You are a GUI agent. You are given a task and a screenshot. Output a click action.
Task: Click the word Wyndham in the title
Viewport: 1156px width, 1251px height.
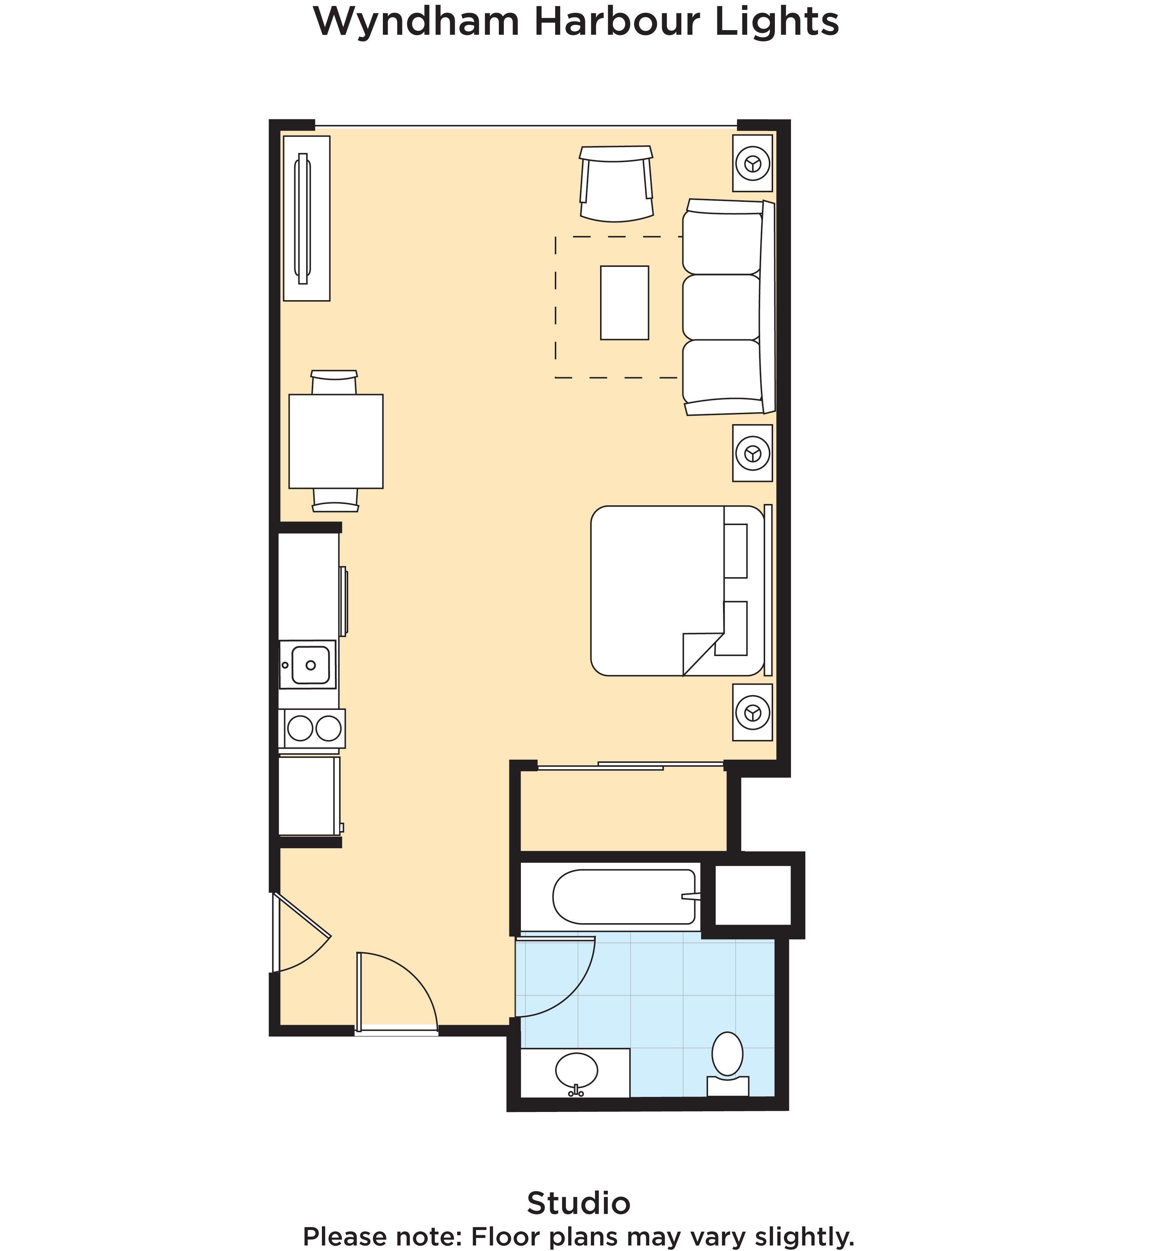416,22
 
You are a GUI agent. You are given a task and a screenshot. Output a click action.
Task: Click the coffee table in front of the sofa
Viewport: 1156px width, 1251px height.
624,303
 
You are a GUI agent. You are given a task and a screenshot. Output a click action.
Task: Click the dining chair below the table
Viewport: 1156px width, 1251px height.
335,500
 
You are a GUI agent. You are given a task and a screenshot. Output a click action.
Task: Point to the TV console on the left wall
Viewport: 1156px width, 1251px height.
307,218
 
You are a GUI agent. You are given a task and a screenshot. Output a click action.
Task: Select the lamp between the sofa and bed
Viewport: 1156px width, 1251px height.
752,453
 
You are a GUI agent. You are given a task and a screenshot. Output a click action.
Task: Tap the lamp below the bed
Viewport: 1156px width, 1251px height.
752,712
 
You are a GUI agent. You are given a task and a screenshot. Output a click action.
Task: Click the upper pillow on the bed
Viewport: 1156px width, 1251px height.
736,551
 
